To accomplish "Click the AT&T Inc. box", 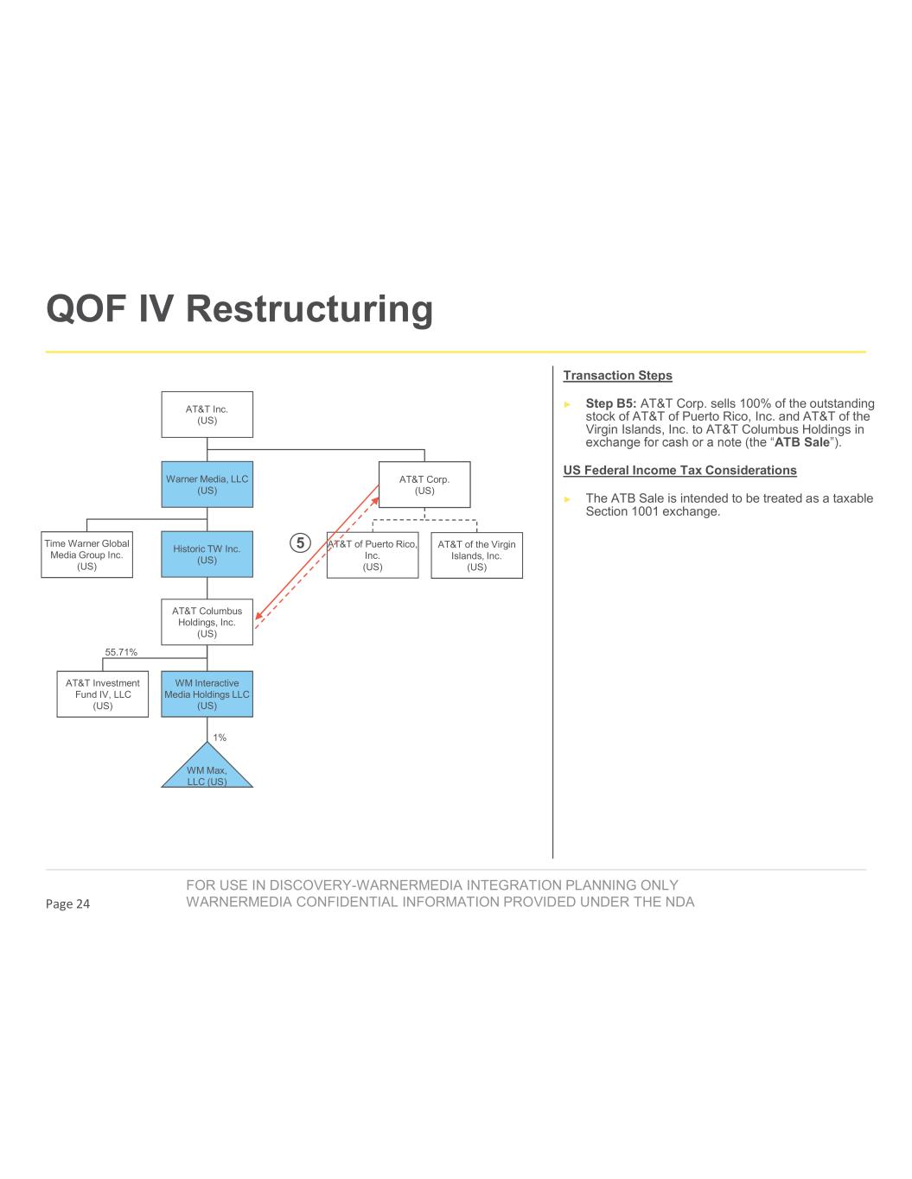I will [207, 415].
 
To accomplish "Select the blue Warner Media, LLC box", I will [207, 485].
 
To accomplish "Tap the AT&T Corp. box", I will [424, 485].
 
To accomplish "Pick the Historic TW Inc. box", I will [207, 554].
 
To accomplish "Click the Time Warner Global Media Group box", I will [86, 555].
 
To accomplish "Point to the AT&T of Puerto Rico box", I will [373, 555].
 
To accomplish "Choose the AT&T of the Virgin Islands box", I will [476, 555].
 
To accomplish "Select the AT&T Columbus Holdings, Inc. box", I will [207, 622].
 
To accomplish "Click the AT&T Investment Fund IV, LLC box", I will [103, 694].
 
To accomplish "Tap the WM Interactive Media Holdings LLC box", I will [207, 694].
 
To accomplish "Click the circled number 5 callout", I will [299, 543].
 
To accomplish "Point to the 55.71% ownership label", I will [121, 652].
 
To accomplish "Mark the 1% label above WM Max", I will [220, 738].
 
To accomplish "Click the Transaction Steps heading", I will [617, 376].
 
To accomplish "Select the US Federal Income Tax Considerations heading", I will [679, 471].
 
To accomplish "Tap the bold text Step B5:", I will [611, 403].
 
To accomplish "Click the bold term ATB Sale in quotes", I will [801, 443].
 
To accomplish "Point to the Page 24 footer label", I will [67, 904].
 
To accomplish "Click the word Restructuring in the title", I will [309, 308].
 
